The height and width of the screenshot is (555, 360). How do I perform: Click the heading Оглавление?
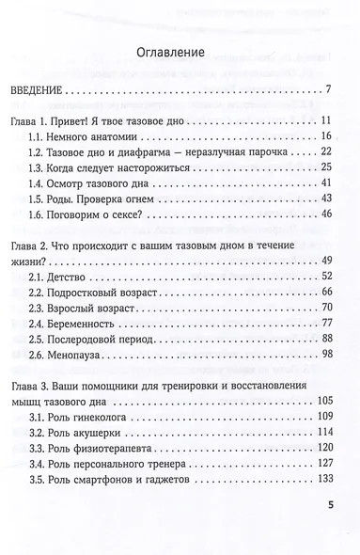click(180, 53)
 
